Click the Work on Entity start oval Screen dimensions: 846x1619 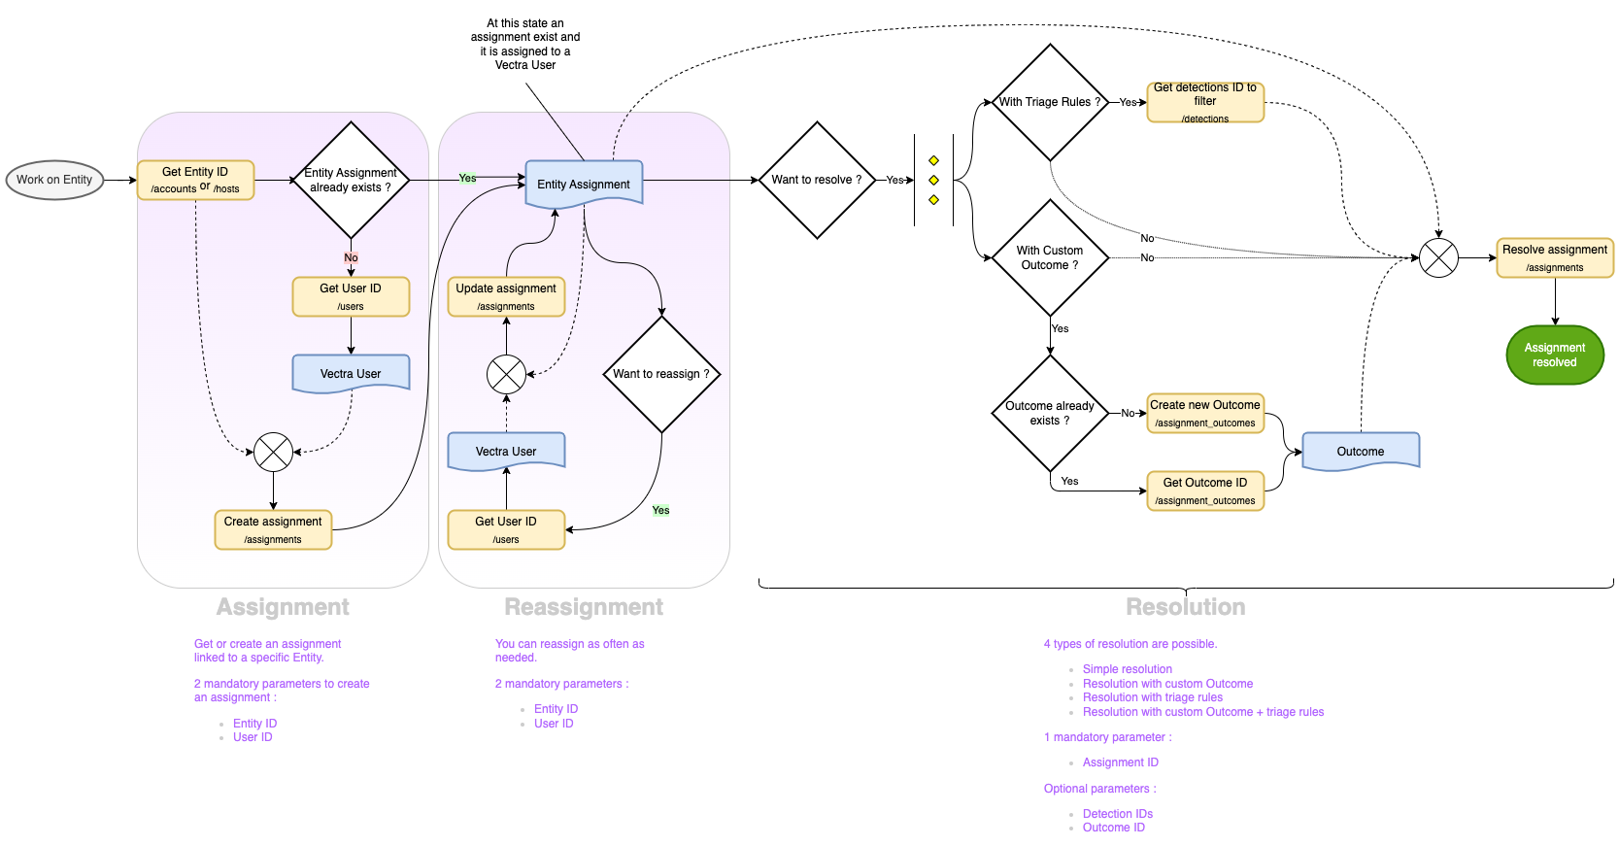(54, 180)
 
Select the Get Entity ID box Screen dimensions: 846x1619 (195, 180)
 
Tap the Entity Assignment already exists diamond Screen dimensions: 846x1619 (351, 180)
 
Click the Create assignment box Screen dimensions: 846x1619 (273, 529)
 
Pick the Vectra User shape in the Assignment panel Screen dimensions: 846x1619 (351, 373)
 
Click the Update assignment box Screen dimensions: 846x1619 (506, 296)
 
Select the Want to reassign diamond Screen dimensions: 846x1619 (661, 374)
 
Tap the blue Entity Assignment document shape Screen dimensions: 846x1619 (584, 183)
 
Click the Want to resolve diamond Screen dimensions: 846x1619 (817, 180)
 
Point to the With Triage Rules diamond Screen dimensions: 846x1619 (1050, 102)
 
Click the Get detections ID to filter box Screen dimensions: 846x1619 (1205, 102)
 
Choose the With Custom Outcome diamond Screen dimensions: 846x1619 (1050, 257)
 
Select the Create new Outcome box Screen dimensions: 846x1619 (1205, 413)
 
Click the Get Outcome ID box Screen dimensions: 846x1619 (1205, 491)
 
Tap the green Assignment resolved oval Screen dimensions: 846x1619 (1555, 355)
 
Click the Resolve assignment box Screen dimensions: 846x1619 (1555, 257)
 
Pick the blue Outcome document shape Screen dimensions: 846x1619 (1361, 451)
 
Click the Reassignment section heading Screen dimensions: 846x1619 (584, 607)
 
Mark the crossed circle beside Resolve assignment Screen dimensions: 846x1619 (1438, 257)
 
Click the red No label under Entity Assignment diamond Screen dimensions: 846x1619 (351, 257)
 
